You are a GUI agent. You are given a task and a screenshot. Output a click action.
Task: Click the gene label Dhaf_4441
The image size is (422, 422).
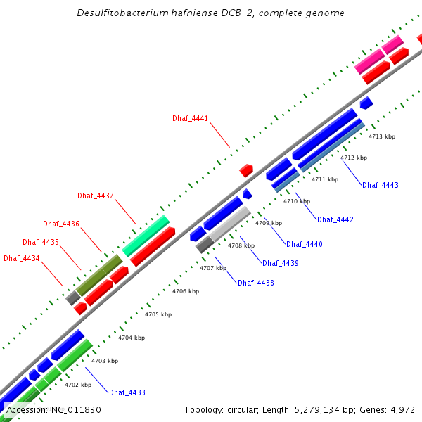pos(190,118)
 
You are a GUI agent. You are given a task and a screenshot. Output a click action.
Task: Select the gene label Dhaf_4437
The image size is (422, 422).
pos(96,196)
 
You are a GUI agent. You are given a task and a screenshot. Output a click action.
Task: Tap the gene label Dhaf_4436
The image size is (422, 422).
pos(61,224)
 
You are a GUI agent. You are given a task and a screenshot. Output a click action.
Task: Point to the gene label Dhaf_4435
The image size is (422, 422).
pos(41,242)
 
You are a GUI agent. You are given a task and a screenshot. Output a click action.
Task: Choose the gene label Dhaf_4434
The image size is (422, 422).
pos(22,258)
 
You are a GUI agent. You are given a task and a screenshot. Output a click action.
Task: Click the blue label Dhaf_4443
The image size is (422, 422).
pos(381,185)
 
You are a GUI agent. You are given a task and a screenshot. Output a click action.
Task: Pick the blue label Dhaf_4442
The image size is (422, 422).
pos(335,219)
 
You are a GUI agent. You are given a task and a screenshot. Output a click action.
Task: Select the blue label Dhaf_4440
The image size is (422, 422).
pos(305,244)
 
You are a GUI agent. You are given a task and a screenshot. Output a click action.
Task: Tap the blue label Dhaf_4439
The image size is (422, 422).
pos(281,263)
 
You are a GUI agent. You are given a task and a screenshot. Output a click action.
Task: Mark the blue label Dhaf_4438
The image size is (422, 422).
pos(256,283)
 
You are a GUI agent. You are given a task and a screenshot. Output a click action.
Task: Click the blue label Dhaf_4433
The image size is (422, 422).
pos(127,392)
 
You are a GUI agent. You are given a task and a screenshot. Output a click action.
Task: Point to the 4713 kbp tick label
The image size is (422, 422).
pos(382,136)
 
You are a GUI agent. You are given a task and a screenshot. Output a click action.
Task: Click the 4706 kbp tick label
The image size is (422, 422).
pos(186,291)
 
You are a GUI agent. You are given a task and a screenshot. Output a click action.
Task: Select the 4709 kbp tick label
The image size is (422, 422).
pos(269,223)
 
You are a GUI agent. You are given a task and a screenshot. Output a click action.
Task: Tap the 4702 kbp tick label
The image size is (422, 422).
pos(78,385)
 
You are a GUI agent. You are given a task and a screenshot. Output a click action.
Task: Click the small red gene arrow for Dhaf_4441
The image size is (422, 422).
pos(246,170)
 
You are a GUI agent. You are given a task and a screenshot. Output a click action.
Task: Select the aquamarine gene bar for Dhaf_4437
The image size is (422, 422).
pos(146,236)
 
